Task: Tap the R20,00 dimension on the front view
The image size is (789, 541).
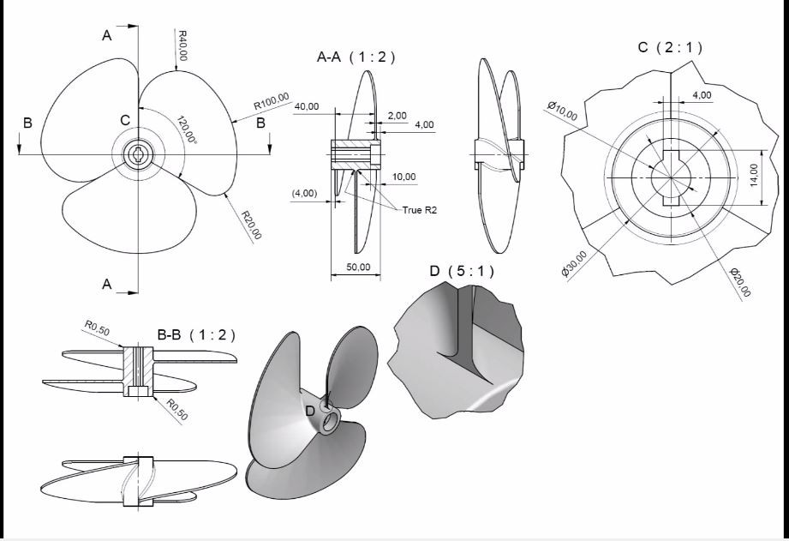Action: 252,225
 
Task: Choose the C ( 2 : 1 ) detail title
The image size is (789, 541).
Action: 670,47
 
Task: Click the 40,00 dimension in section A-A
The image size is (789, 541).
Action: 307,106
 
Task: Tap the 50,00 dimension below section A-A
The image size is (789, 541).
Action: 357,267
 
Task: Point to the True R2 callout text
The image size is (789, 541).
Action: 420,208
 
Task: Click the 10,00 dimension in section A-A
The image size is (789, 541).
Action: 404,177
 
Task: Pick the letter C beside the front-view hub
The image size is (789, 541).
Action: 125,119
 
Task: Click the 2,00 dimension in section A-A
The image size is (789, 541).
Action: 397,114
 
